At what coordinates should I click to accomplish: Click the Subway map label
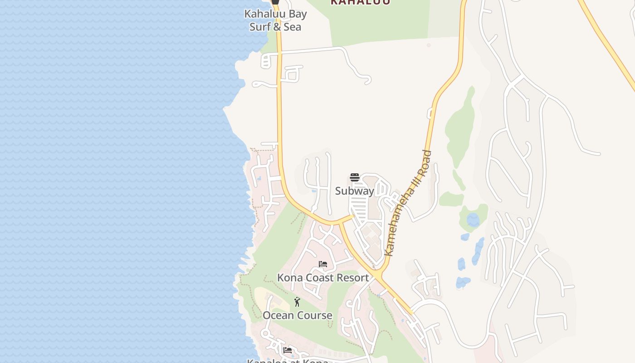pyautogui.click(x=355, y=191)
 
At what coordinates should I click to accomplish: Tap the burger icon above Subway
pyautogui.click(x=355, y=177)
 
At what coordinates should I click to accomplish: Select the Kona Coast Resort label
pyautogui.click(x=323, y=277)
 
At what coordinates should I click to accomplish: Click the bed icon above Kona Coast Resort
pyautogui.click(x=323, y=264)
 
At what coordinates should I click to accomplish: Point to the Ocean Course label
pyautogui.click(x=298, y=315)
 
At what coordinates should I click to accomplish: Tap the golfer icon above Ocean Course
pyautogui.click(x=297, y=302)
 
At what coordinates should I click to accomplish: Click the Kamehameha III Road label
pyautogui.click(x=408, y=203)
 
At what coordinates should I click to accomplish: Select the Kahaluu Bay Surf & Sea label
pyautogui.click(x=275, y=20)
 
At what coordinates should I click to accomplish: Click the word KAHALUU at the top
pyautogui.click(x=360, y=2)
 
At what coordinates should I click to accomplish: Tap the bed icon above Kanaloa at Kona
pyautogui.click(x=287, y=350)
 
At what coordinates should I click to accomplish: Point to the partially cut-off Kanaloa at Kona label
pyautogui.click(x=288, y=361)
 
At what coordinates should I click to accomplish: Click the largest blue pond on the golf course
pyautogui.click(x=473, y=221)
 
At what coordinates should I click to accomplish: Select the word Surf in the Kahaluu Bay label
pyautogui.click(x=260, y=27)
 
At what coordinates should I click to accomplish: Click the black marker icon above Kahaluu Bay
pyautogui.click(x=275, y=2)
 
